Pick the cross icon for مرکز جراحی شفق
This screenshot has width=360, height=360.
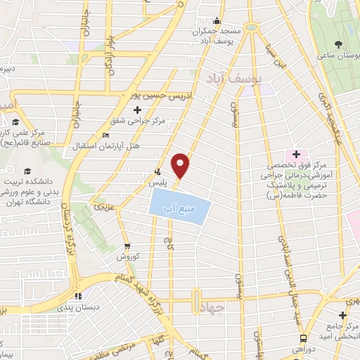click(x=138, y=110)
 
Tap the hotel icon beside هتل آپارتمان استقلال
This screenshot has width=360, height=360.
click(x=106, y=136)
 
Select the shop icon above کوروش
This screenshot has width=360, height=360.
click(x=127, y=246)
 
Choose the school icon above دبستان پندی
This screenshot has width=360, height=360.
click(x=79, y=296)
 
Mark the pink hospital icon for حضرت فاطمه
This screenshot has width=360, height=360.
click(x=296, y=154)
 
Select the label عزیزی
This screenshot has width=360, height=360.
click(x=102, y=207)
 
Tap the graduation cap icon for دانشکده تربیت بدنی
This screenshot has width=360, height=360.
click(x=27, y=171)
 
